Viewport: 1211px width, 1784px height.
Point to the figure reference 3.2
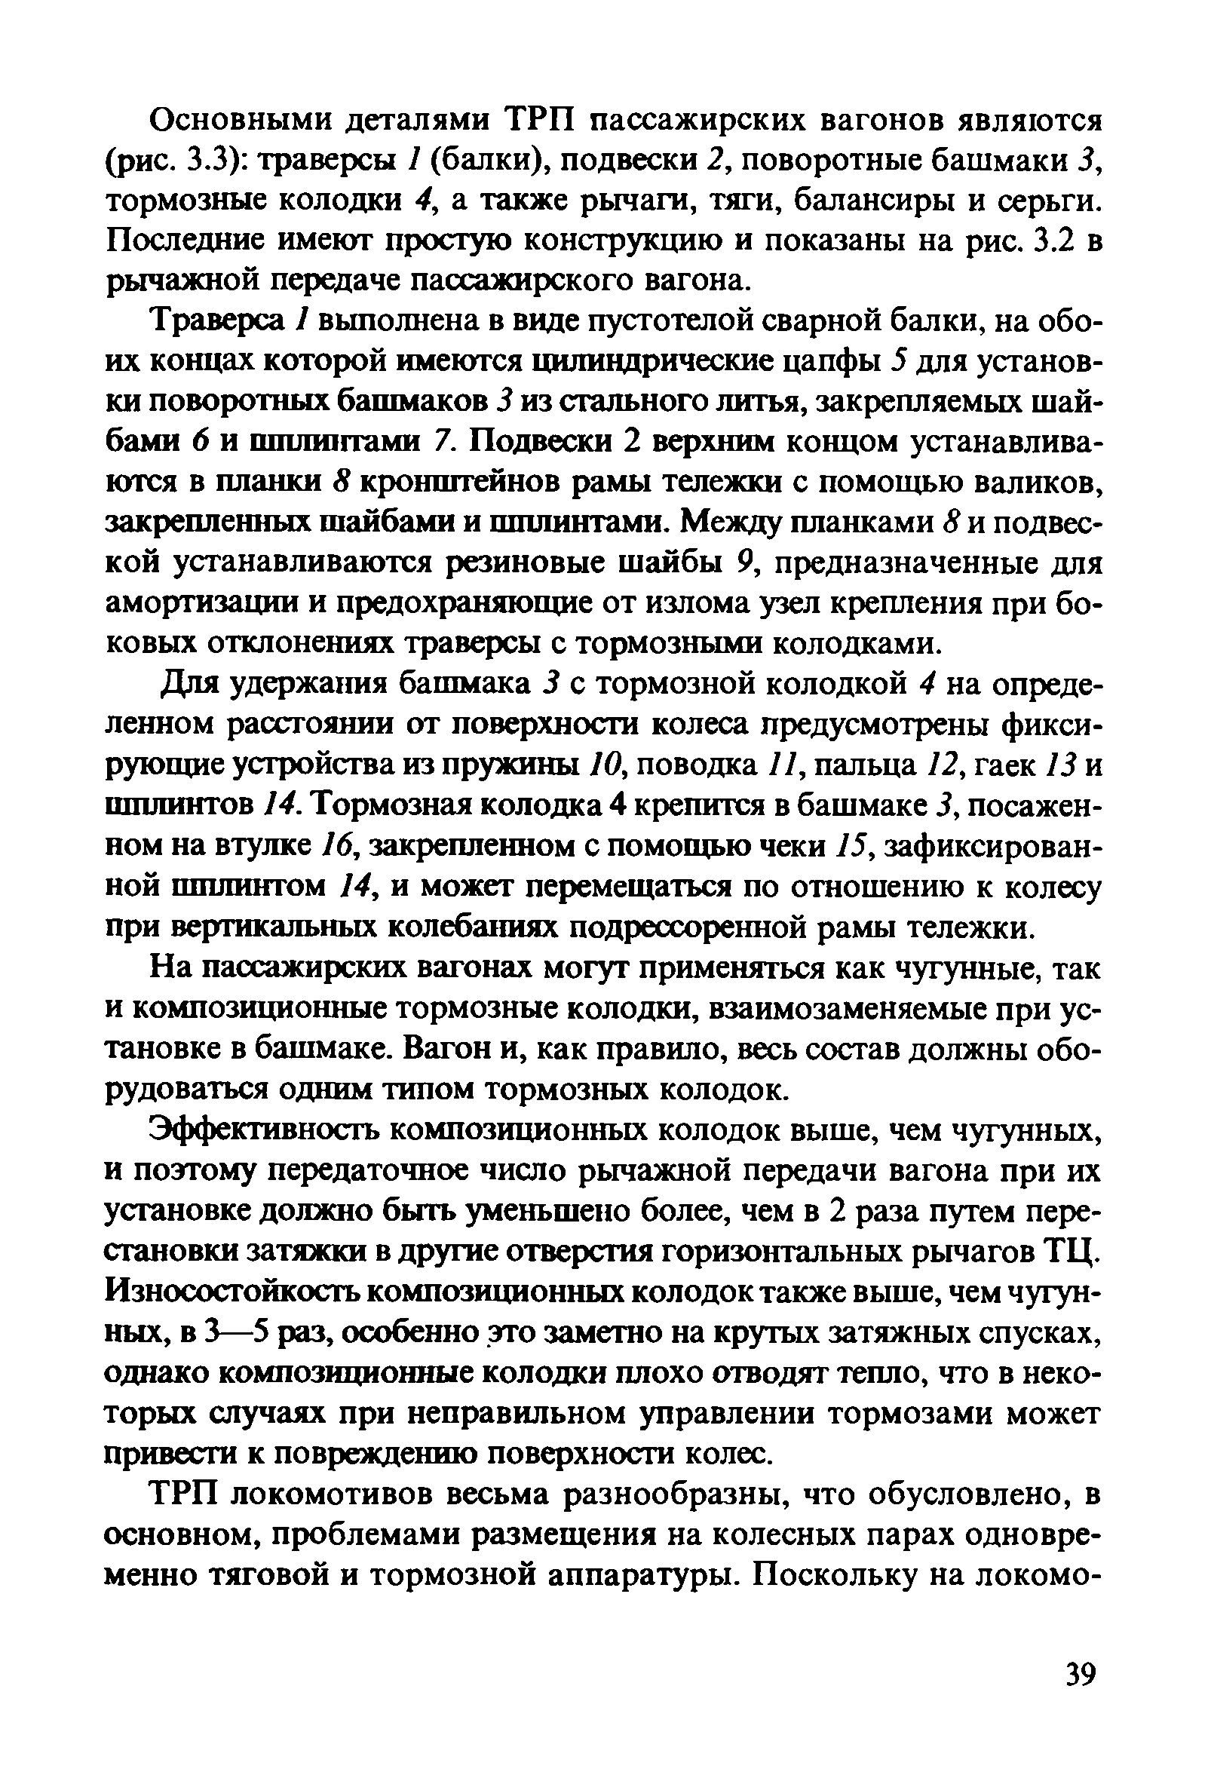click(x=1055, y=242)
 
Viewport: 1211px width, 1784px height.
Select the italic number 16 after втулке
click(x=335, y=846)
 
